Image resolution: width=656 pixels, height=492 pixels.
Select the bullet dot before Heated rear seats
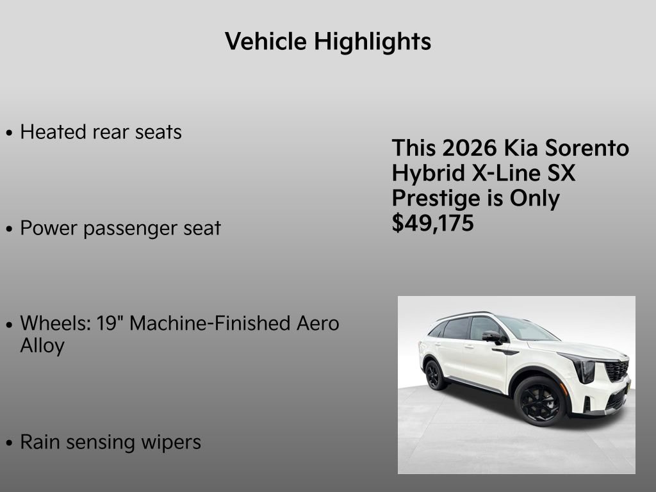click(9, 133)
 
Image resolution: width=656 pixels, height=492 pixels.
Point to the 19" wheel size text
click(110, 323)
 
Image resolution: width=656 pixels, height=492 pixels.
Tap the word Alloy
click(42, 346)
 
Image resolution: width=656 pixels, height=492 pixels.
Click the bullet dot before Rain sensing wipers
click(9, 443)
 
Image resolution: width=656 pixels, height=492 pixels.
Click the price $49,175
click(433, 224)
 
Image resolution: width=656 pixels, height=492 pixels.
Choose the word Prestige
click(434, 199)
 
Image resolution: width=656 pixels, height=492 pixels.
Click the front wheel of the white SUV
click(539, 400)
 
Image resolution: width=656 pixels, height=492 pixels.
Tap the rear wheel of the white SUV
click(436, 374)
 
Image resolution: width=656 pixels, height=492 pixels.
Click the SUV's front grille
click(616, 370)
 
